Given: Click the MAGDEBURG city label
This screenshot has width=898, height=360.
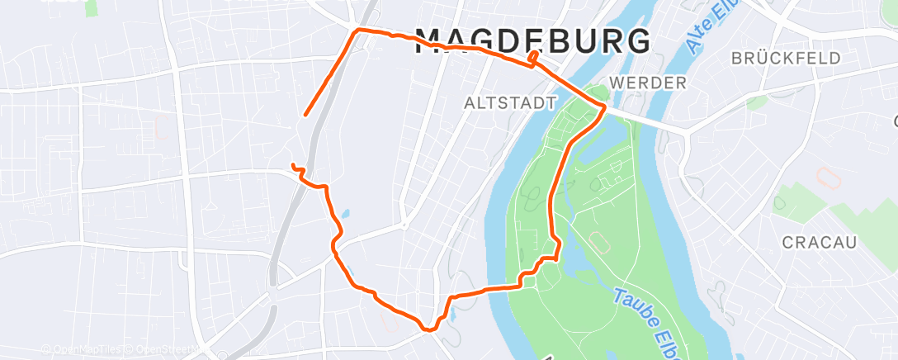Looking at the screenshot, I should pos(532,40).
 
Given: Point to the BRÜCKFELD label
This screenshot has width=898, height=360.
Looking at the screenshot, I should pos(787,58).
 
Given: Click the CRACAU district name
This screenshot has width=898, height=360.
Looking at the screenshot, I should pos(820,242).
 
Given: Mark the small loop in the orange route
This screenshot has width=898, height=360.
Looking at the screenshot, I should pos(535,58).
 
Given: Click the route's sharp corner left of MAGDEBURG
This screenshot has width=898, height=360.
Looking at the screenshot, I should pos(357,31).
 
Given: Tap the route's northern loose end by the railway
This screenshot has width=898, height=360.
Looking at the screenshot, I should pos(305,115).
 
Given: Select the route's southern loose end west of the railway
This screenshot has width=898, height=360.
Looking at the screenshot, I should pos(293,166).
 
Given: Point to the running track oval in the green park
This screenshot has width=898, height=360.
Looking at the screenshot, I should pos(598,242).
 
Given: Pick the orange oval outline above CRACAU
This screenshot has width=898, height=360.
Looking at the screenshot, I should pos(824,176).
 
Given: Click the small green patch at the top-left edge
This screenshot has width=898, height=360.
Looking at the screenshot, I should pos(91,7).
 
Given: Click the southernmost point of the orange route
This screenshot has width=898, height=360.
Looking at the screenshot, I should pos(428,329).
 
